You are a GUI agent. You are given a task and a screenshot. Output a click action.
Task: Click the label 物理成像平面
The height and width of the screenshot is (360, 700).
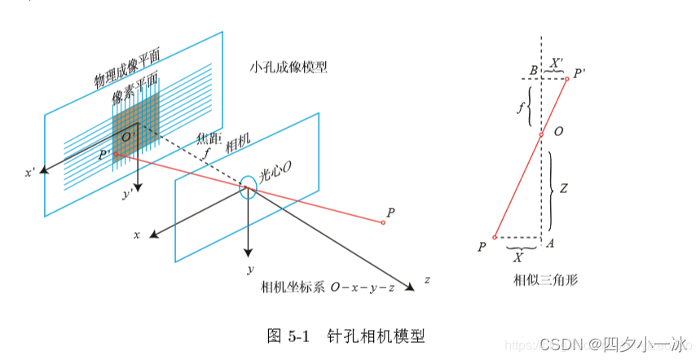tap(126, 68)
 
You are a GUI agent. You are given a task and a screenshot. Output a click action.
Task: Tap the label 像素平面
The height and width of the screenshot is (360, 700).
tap(134, 93)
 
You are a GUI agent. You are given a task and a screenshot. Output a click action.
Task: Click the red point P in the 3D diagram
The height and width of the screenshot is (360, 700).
tap(383, 222)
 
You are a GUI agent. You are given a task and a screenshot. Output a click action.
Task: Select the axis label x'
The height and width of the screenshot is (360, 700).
tap(30, 173)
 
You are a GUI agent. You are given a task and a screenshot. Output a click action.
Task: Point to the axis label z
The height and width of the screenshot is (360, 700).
tap(427, 280)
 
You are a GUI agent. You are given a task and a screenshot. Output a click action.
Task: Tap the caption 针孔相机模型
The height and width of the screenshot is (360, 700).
tap(376, 336)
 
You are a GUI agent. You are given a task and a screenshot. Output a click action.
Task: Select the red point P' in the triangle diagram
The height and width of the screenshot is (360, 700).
tap(567, 78)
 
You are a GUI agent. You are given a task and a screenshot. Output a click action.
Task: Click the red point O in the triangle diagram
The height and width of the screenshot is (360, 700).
tap(541, 134)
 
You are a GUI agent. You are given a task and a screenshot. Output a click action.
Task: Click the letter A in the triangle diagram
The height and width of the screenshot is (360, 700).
tap(551, 242)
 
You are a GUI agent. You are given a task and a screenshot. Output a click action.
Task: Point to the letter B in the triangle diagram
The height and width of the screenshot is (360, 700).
tap(532, 71)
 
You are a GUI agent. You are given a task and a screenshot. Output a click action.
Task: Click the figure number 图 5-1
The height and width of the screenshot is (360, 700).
tap(288, 336)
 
